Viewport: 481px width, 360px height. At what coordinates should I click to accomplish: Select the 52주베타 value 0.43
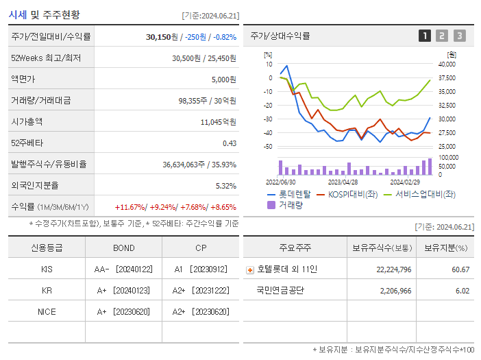[229, 143]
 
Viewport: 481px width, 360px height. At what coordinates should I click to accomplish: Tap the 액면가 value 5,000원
[223, 79]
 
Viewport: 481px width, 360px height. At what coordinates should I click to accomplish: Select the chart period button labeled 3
[459, 36]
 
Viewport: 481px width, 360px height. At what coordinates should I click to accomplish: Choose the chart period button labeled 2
[442, 36]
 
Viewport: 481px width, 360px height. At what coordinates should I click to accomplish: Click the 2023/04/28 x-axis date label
[343, 182]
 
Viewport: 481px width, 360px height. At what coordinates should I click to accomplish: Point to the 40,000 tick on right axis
[446, 64]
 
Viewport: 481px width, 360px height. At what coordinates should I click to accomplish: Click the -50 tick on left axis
[268, 147]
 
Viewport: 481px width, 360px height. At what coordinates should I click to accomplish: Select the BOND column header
[123, 248]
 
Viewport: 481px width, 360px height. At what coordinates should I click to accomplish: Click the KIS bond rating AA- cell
[123, 269]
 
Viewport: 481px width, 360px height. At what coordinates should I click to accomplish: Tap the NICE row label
[47, 312]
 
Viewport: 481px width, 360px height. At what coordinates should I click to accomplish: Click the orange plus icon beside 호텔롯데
[250, 269]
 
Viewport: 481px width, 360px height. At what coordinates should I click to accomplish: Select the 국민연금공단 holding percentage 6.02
[462, 291]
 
